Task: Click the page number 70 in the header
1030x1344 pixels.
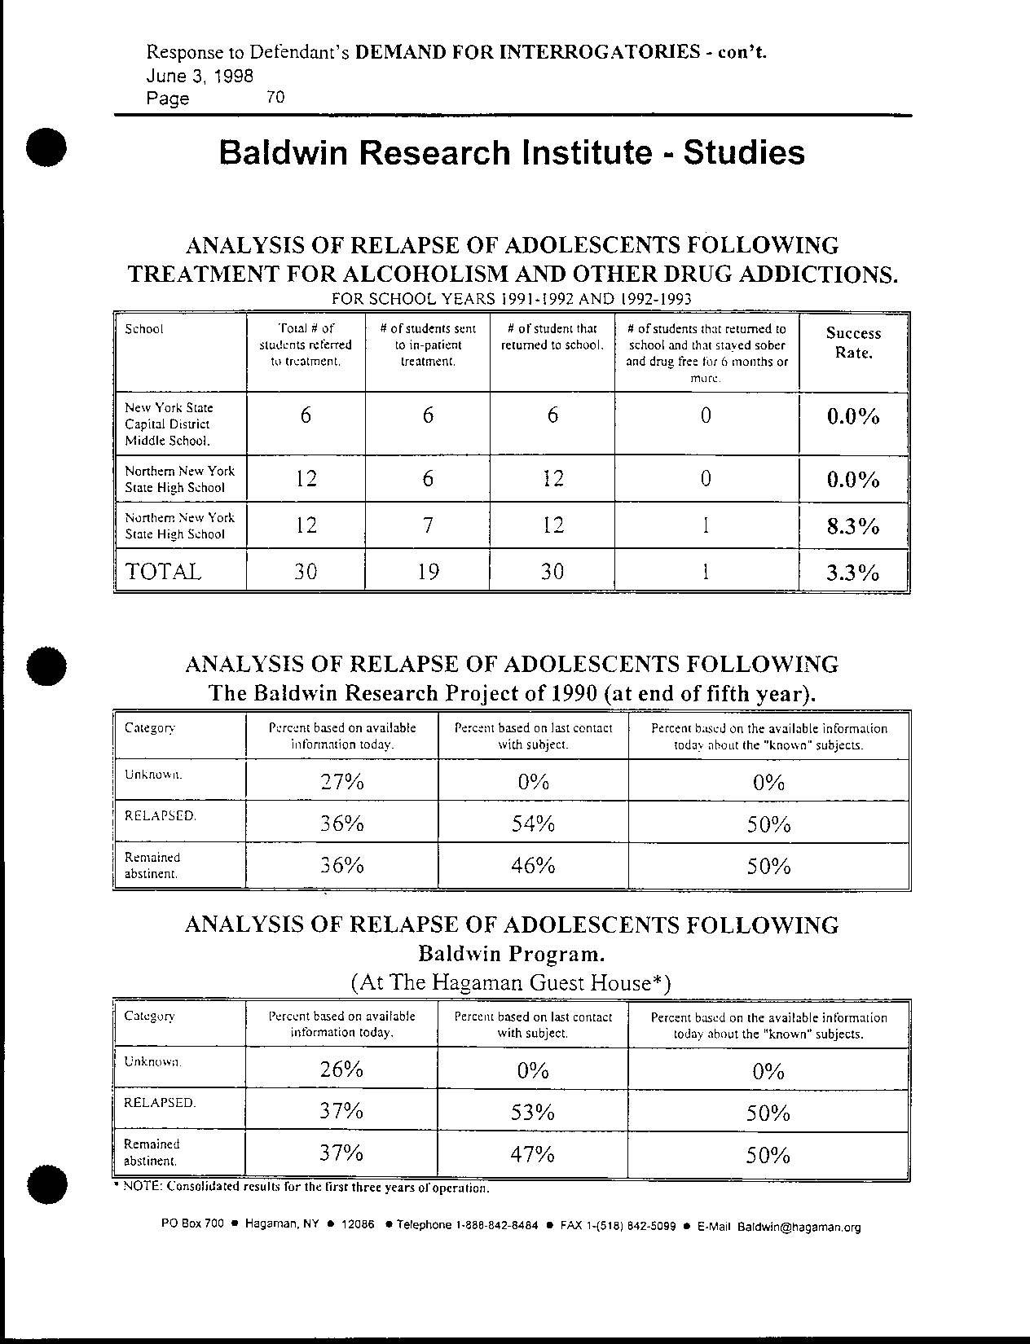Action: [x=275, y=98]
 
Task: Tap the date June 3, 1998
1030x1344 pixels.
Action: [x=200, y=76]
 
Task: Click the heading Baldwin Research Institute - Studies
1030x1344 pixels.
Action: [x=512, y=153]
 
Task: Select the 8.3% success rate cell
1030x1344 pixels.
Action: [x=853, y=526]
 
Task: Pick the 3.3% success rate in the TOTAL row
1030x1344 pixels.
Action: [x=853, y=573]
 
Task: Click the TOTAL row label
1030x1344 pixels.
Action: [x=162, y=571]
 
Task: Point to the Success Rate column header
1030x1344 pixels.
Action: [x=853, y=343]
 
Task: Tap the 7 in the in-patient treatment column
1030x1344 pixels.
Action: [x=427, y=525]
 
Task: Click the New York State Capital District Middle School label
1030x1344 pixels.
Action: [x=169, y=424]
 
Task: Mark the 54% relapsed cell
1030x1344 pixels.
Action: [x=533, y=824]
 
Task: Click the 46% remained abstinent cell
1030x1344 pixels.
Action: [x=533, y=866]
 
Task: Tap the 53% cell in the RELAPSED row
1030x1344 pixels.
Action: [x=533, y=1112]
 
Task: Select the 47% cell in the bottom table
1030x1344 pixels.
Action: [x=533, y=1154]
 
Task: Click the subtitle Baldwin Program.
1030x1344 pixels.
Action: [x=512, y=953]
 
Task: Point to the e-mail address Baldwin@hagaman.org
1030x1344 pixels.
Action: [x=799, y=1228]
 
